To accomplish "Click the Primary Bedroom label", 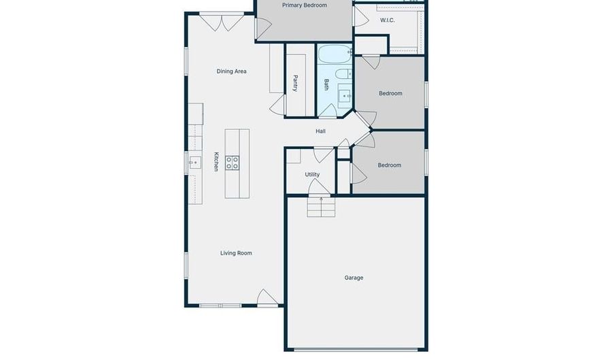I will pos(304,5).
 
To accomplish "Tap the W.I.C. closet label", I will pos(387,20).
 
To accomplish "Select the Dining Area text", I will pos(231,71).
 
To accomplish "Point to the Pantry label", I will pos(296,83).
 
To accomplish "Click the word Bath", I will pos(326,85).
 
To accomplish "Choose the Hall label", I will pos(321,131).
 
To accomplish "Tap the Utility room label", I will pos(312,175).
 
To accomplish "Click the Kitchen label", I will pos(216,161).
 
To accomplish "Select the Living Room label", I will pos(236,253).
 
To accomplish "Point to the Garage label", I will pos(354,278).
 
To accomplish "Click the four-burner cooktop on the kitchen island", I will pos(233,162).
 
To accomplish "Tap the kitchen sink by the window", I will pos(194,162).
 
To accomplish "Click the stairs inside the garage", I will pos(321,206).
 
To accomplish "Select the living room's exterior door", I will pos(268,297).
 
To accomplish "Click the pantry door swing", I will pos(277,104).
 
